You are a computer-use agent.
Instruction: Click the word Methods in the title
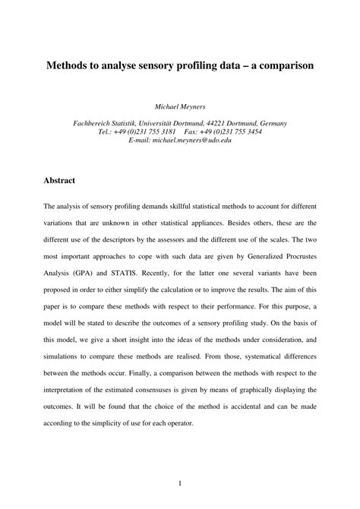pyautogui.click(x=67, y=66)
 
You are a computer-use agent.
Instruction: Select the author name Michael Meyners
pyautogui.click(x=180, y=107)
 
